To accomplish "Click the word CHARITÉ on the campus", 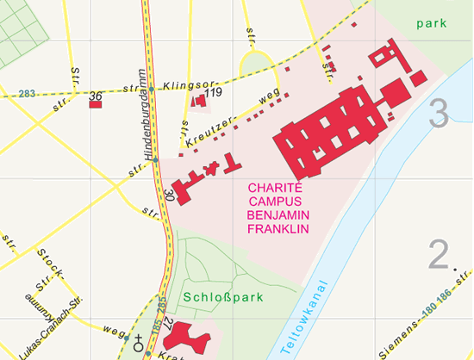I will (275, 188).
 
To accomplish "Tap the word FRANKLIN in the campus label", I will (278, 228).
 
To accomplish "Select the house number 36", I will (96, 96).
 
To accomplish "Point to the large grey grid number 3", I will (440, 115).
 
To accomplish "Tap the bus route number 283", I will (28, 93).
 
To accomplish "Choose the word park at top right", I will (431, 24).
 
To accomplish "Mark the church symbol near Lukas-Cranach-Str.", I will (138, 342).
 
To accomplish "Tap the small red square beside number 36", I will (95, 105).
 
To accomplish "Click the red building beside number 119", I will (200, 102).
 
